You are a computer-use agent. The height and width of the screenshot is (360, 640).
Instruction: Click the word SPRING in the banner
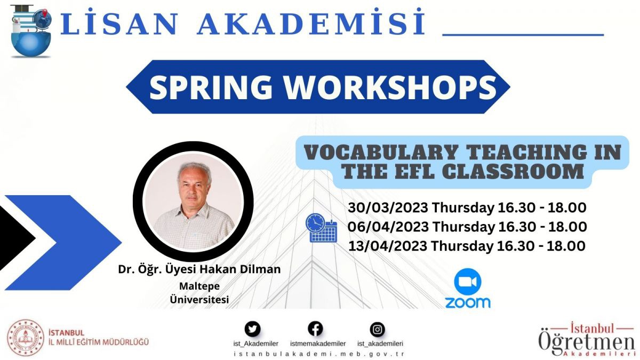(x=211, y=87)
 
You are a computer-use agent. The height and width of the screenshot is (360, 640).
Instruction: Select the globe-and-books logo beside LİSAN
(x=31, y=31)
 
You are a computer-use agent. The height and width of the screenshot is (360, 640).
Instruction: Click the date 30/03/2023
(x=388, y=207)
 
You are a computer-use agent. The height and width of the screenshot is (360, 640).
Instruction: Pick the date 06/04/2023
(x=388, y=227)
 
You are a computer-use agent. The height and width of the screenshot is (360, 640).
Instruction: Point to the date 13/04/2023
(x=388, y=246)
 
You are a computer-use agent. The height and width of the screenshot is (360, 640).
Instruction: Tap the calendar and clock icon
(x=322, y=228)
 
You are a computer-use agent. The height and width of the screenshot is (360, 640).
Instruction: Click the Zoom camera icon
(x=468, y=282)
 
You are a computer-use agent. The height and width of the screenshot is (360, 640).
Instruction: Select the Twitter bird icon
(x=253, y=329)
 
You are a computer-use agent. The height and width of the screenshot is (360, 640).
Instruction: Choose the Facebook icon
(x=315, y=329)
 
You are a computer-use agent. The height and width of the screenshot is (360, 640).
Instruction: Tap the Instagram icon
(x=378, y=330)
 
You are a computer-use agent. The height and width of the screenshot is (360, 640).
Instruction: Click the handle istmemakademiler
(x=318, y=343)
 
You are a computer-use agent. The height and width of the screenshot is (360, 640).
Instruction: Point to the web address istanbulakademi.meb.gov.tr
(x=319, y=354)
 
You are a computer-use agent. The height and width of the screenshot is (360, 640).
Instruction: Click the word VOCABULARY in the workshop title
(x=381, y=153)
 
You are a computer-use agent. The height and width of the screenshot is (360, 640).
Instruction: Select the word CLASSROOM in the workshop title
(x=515, y=171)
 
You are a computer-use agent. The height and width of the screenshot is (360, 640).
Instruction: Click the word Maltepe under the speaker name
(x=199, y=286)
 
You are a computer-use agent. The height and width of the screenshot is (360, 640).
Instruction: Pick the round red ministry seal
(x=26, y=338)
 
